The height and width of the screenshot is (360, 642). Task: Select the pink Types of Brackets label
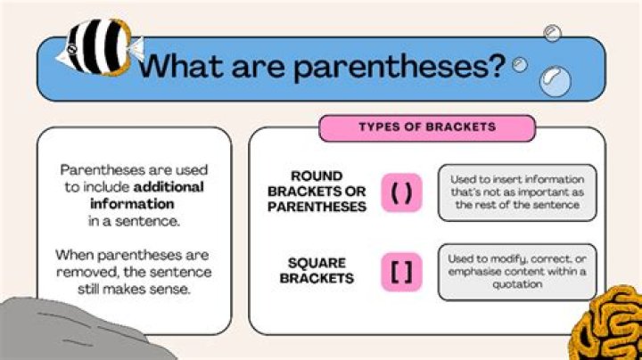(x=427, y=127)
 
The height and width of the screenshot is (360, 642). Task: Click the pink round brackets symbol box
(x=401, y=193)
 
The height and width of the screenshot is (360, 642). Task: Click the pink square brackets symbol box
(x=401, y=271)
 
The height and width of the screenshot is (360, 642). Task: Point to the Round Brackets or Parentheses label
(x=316, y=192)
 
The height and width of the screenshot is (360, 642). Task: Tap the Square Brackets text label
(x=316, y=270)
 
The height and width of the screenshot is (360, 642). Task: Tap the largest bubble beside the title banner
(x=556, y=82)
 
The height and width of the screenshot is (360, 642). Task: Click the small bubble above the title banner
(x=553, y=33)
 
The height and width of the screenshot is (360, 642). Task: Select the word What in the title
(x=184, y=66)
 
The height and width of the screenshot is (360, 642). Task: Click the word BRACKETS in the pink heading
(x=461, y=127)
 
